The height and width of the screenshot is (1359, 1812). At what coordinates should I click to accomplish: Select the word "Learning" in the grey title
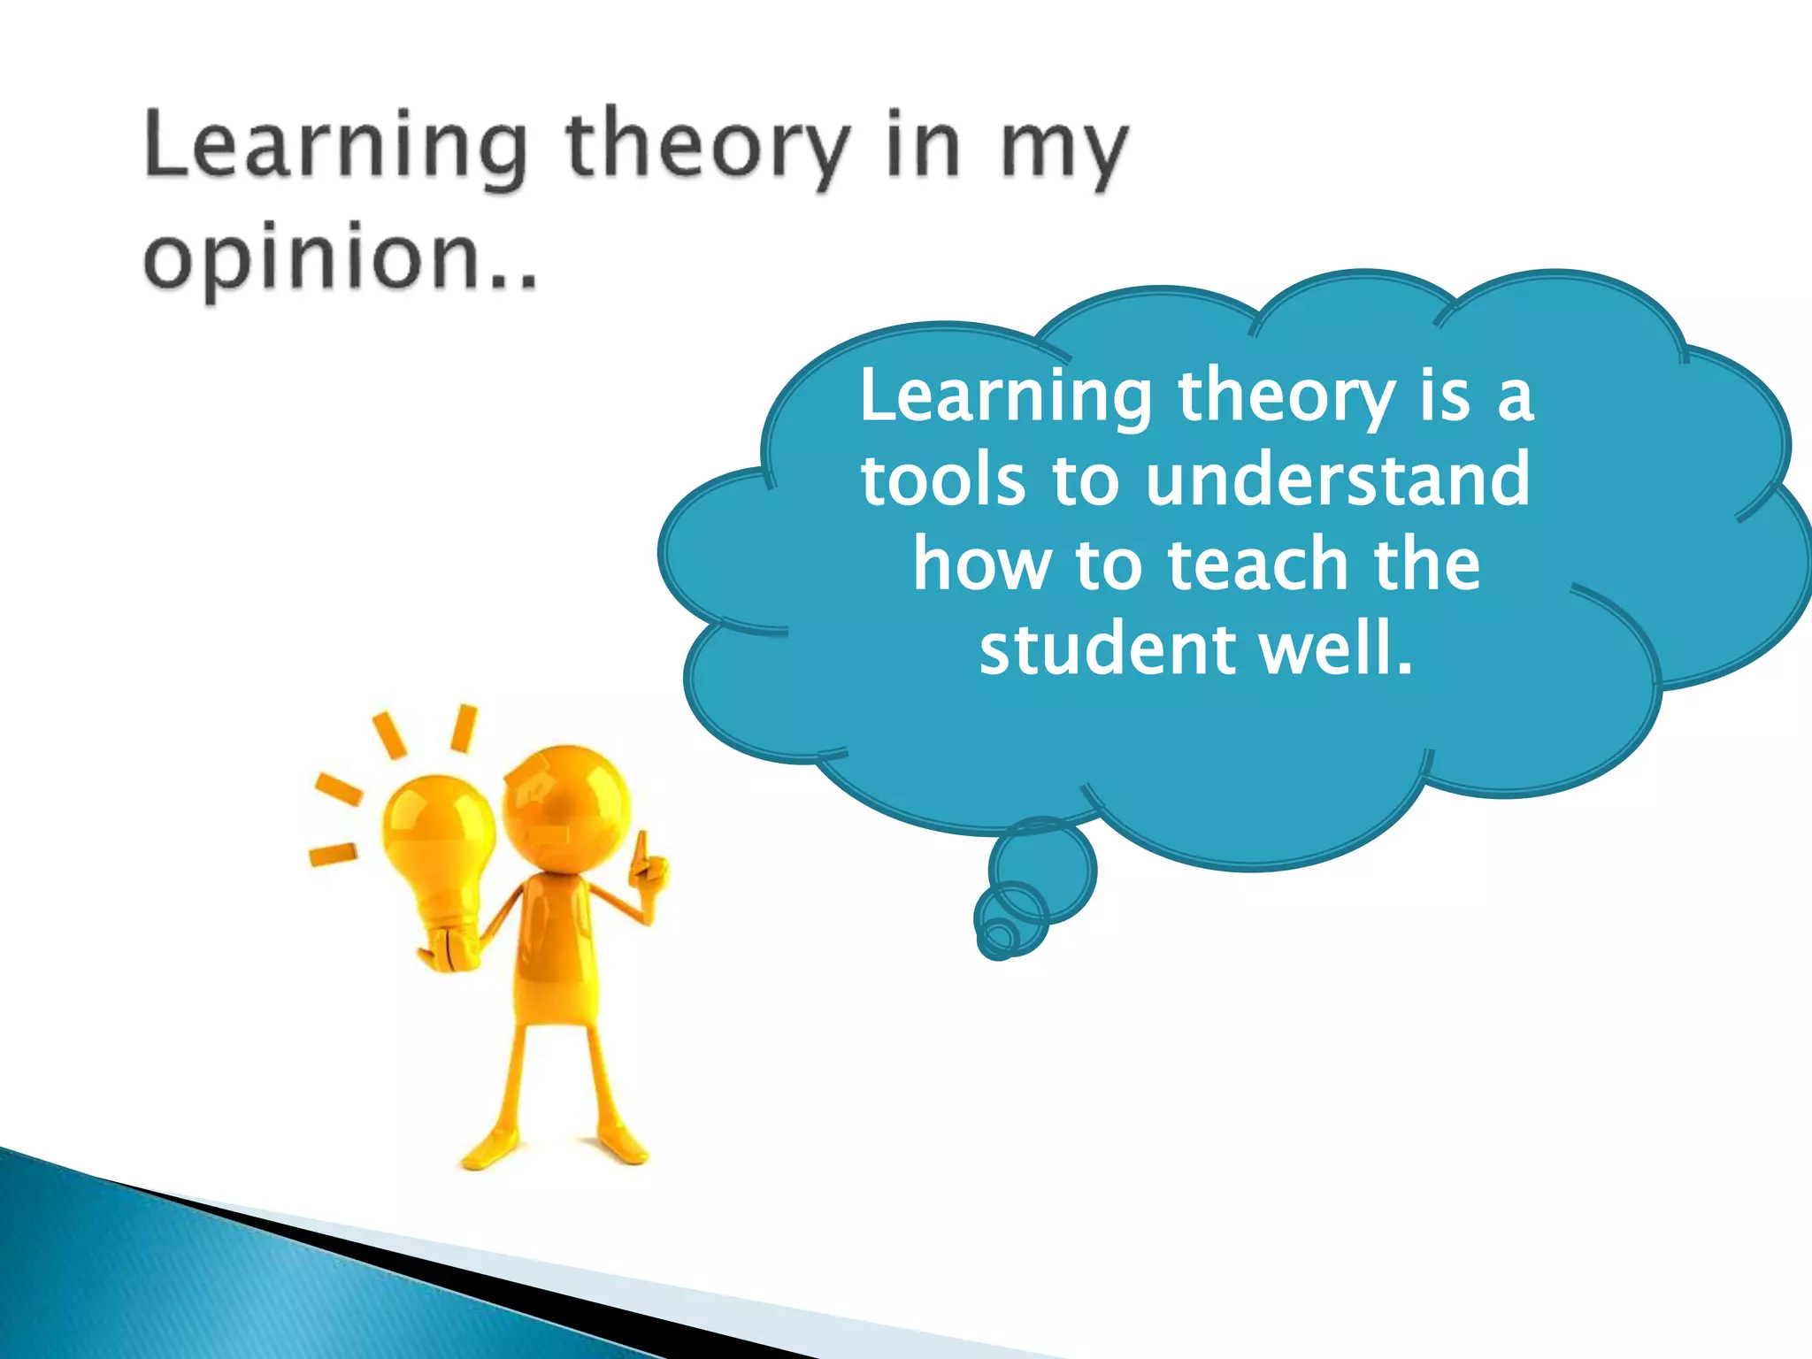335,146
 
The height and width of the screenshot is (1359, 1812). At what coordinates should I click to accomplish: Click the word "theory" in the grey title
709,146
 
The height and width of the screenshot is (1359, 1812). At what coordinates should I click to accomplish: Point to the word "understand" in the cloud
1337,479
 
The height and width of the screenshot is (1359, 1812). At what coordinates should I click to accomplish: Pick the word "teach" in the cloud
1255,564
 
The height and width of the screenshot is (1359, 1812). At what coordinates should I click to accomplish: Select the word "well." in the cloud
1336,649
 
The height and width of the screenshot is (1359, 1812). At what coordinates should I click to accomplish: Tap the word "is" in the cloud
1446,395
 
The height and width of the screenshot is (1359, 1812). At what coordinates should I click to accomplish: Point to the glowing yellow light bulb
438,841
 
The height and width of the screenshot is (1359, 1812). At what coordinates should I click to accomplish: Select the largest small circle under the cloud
1043,869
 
